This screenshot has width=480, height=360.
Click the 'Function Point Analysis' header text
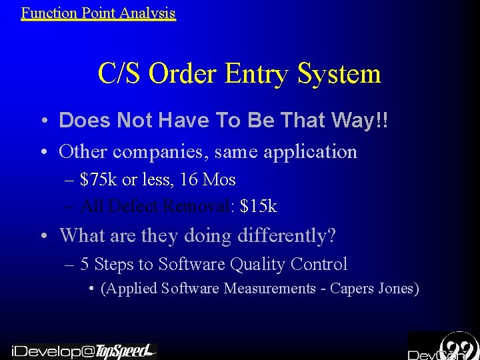click(x=98, y=13)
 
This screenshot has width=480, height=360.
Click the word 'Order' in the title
click(x=183, y=73)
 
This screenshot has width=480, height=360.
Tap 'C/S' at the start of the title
click(x=120, y=73)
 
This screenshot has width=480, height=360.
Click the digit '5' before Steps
click(x=85, y=265)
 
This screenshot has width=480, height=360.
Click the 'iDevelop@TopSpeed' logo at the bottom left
click(x=83, y=351)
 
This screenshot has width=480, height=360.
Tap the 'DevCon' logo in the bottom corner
click(x=443, y=347)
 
